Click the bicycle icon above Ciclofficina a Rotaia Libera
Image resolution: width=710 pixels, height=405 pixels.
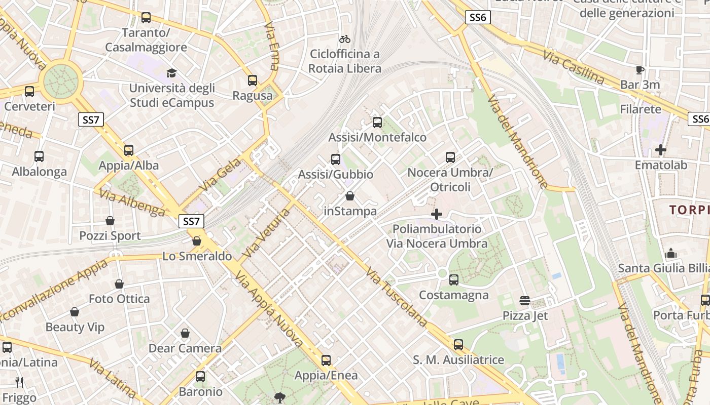[345, 39]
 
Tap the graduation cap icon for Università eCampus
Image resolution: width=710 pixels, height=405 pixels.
[172, 73]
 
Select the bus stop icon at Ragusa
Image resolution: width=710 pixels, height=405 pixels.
[252, 80]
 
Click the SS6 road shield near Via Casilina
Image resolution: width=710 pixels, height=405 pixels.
[478, 18]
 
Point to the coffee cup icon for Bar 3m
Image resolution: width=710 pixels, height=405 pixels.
[640, 70]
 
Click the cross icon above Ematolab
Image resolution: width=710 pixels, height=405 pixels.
[660, 150]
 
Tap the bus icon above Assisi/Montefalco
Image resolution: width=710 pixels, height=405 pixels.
[377, 122]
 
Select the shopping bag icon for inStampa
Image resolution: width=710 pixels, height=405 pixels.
[349, 196]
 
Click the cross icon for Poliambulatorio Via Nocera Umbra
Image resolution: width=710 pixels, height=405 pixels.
[436, 214]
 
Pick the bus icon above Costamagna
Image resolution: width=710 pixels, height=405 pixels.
[453, 279]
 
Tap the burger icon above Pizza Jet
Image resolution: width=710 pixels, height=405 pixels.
[525, 301]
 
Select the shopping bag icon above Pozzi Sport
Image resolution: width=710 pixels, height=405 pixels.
[110, 221]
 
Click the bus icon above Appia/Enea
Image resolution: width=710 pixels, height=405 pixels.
[326, 360]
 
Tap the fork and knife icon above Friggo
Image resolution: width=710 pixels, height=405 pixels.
[19, 382]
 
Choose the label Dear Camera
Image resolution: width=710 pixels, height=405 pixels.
[185, 348]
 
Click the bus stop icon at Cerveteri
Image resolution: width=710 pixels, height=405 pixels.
[29, 92]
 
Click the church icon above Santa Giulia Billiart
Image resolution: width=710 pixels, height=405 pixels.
[671, 253]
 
